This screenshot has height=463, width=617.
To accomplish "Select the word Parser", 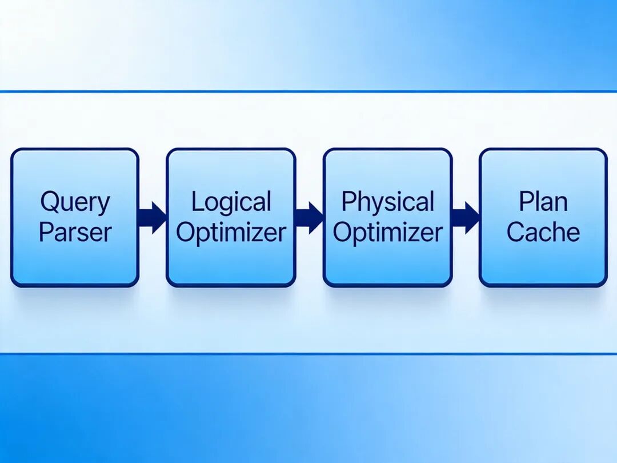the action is tap(75, 233).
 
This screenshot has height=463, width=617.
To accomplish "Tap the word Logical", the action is tap(231, 202).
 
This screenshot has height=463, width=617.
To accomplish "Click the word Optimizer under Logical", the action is tap(231, 233).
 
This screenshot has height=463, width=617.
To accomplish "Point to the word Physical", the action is tap(387, 202).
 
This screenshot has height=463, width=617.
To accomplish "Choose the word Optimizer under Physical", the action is tap(387, 233).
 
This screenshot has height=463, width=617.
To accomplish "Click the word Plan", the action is tap(543, 202).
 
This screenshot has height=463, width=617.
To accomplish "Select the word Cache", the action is tap(543, 232).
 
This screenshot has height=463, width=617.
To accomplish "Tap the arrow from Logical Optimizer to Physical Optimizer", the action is tap(309, 217).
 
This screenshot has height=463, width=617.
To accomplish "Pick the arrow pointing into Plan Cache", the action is tap(466, 217).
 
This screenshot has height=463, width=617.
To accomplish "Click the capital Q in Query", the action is tap(49, 202).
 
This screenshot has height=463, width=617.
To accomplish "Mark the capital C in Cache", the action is tap(515, 232).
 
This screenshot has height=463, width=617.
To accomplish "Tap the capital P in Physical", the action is tap(347, 202).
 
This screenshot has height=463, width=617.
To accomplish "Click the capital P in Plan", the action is tap(524, 202).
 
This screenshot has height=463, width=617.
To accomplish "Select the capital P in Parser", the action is tap(45, 232).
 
